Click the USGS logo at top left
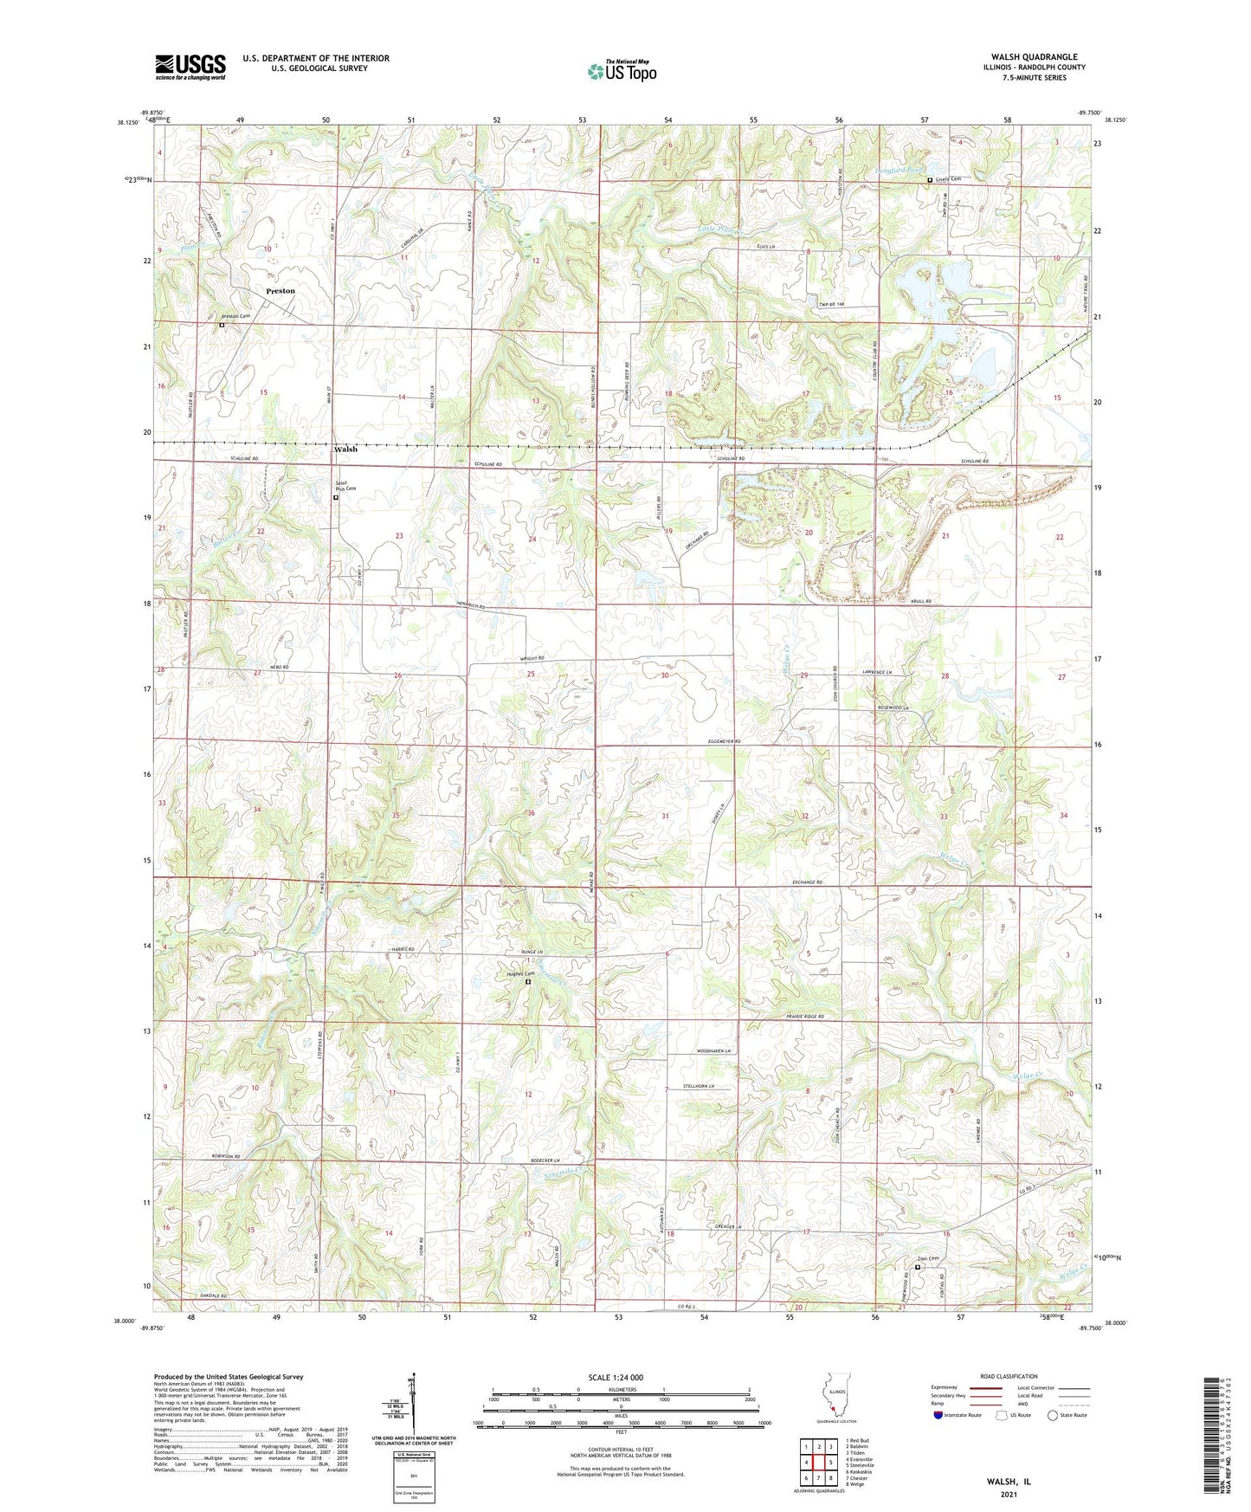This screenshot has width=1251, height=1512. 190,67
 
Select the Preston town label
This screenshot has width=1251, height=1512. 281,291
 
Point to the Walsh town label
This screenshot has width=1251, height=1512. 345,449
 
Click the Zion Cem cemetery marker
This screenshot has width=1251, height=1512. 918,1267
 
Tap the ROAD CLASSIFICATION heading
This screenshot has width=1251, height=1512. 1009,1376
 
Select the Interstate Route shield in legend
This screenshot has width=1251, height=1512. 938,1415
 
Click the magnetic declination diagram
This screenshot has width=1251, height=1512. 413,1407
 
